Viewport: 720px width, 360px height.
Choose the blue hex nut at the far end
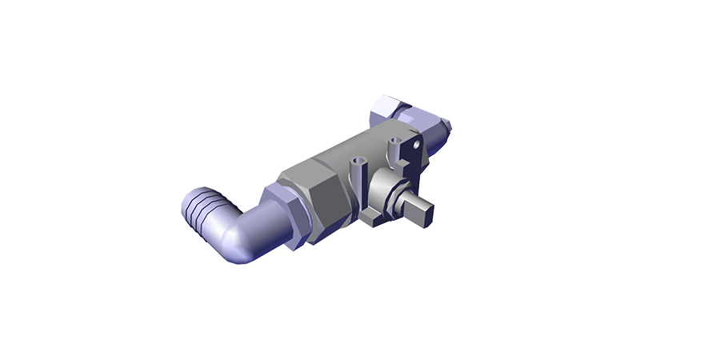coord(392,108)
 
